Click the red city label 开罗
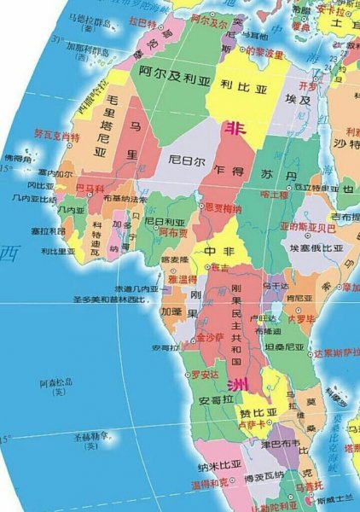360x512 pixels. (308, 86)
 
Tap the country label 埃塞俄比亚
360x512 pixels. (316, 247)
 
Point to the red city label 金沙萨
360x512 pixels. (209, 338)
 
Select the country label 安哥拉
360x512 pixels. (217, 399)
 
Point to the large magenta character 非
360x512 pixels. (232, 129)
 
